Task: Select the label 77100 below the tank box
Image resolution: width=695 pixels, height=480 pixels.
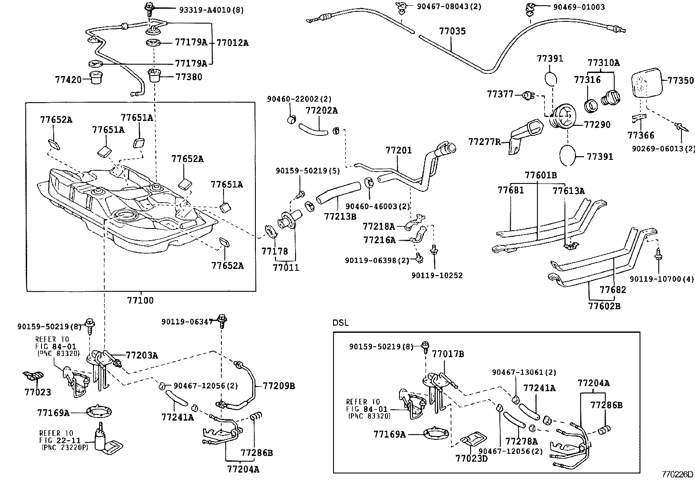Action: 140,300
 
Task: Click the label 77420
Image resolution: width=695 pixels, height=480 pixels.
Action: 68,79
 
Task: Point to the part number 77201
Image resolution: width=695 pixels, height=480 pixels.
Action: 398,150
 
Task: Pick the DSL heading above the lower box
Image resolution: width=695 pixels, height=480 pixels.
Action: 341,323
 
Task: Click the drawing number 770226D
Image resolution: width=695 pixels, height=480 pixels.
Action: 677,474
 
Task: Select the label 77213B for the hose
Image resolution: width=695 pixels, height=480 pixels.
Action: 340,216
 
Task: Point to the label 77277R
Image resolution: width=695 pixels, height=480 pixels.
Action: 485,142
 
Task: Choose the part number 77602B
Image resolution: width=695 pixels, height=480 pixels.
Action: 604,306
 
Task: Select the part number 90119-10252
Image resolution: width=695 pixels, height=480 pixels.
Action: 437,275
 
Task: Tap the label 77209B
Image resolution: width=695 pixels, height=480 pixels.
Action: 279,386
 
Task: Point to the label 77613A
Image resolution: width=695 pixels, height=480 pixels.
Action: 568,190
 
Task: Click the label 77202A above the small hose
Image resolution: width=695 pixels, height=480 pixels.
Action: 321,111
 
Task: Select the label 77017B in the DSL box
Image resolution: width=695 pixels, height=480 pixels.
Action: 448,354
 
